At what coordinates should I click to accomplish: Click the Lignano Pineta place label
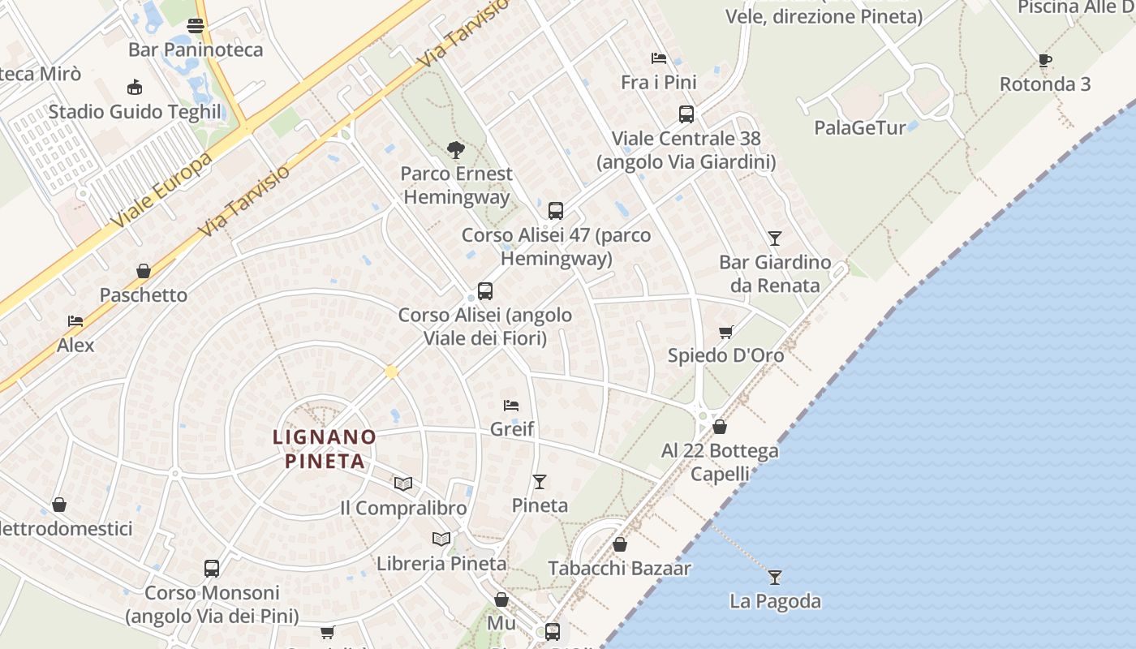[325, 449]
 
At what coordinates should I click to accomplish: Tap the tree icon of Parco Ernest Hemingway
[455, 149]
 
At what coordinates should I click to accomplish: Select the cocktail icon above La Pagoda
[775, 577]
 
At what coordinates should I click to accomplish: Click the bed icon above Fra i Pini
[659, 58]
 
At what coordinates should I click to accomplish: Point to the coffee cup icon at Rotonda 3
[1045, 60]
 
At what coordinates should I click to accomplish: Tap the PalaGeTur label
[860, 127]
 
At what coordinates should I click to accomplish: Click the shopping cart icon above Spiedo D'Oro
[726, 331]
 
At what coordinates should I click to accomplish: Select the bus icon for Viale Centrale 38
[686, 114]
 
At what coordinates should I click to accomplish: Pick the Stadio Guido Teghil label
[135, 111]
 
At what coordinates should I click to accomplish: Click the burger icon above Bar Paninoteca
[195, 26]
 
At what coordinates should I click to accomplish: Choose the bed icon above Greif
[510, 405]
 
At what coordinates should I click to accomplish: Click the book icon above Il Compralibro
[403, 484]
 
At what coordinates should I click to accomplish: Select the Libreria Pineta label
[441, 563]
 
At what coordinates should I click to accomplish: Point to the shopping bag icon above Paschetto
[144, 271]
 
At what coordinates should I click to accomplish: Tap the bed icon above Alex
[75, 321]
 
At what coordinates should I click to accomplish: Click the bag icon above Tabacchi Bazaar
[620, 544]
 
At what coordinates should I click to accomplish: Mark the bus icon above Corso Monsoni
[212, 569]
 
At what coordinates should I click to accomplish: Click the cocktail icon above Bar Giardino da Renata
[775, 239]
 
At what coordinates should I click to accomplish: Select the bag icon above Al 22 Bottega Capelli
[720, 427]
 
